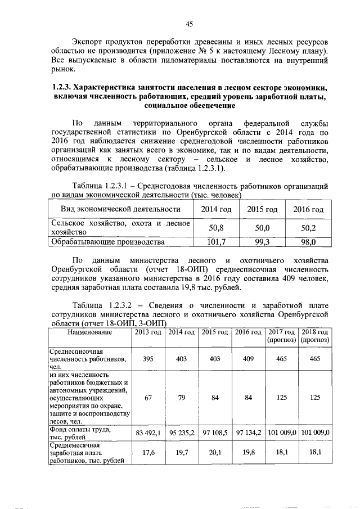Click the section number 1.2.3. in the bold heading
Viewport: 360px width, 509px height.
(65, 88)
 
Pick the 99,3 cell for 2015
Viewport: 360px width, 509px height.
(262, 242)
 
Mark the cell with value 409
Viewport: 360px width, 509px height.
(246, 358)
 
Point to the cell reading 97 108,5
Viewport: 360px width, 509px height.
(214, 433)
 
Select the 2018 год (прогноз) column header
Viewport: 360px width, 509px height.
(314, 336)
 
